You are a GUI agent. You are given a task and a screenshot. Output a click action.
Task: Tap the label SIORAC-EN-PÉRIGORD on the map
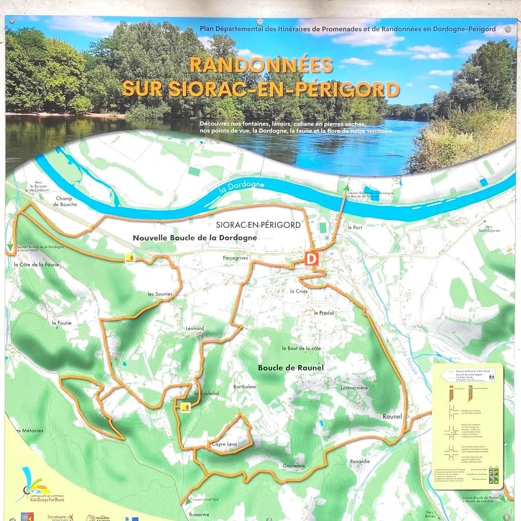(x=258, y=225)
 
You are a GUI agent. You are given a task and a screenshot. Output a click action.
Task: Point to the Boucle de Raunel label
(x=291, y=368)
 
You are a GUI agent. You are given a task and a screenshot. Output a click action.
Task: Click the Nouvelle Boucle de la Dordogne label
(x=195, y=238)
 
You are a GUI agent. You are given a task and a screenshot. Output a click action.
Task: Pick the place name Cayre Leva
(x=224, y=444)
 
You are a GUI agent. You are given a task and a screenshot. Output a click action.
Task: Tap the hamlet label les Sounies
(x=160, y=294)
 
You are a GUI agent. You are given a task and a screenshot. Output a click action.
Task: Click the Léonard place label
(x=195, y=328)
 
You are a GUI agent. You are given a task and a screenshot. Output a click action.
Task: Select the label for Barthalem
(x=245, y=387)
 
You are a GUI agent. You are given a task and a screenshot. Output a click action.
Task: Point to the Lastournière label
(x=354, y=388)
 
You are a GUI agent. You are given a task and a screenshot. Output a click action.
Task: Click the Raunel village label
(x=392, y=416)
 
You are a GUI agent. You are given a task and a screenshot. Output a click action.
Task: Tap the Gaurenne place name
(x=294, y=466)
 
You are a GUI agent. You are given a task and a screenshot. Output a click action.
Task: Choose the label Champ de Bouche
(x=65, y=201)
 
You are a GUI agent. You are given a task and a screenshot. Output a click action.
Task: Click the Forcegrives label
(x=235, y=258)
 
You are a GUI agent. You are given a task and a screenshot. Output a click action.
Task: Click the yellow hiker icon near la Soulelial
(x=185, y=407)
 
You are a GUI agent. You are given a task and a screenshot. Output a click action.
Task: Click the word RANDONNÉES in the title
(x=261, y=66)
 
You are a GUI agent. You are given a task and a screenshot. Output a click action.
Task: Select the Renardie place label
(x=360, y=461)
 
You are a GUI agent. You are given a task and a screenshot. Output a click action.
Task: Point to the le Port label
(x=355, y=228)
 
